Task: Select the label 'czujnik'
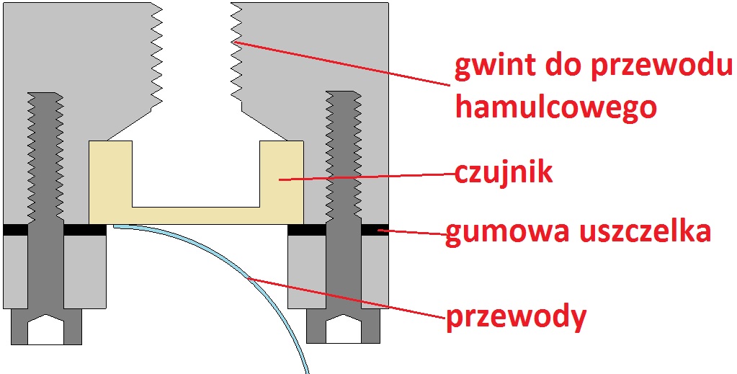pyautogui.click(x=504, y=172)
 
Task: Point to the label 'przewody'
pyautogui.click(x=516, y=317)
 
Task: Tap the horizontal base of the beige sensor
pyautogui.click(x=195, y=215)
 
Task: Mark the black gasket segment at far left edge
pyautogui.click(x=14, y=230)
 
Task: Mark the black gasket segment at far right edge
pyautogui.click(x=375, y=230)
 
